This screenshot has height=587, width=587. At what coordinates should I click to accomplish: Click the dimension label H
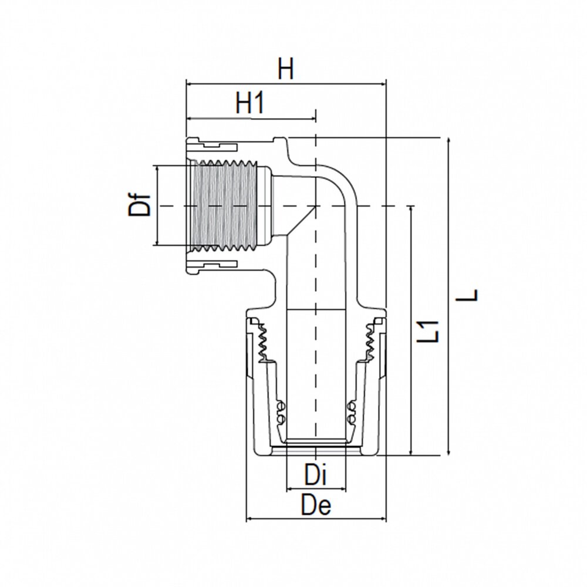click(285, 70)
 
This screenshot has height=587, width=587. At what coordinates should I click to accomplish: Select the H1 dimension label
click(251, 104)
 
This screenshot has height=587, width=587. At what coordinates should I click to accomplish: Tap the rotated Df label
click(140, 205)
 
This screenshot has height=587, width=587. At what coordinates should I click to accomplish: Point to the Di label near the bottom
click(316, 475)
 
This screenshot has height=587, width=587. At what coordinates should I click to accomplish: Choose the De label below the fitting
click(316, 505)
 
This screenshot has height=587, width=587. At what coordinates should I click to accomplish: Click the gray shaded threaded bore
click(226, 205)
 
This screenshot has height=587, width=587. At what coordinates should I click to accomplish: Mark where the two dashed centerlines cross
click(316, 206)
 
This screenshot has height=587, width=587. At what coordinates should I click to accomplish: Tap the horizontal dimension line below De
click(316, 519)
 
